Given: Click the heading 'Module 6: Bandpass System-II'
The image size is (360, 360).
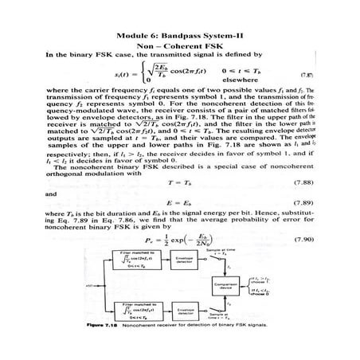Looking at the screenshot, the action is click(x=179, y=36).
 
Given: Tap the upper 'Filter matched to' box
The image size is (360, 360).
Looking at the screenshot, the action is click(x=119, y=262).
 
